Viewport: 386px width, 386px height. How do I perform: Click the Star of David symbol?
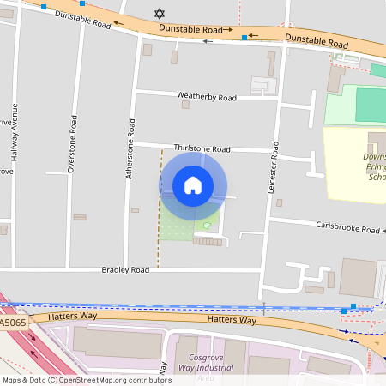coord(158,13)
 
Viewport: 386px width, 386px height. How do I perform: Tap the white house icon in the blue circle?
coord(193,185)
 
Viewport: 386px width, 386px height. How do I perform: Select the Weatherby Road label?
coord(206,97)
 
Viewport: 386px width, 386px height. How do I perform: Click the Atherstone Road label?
coord(131,139)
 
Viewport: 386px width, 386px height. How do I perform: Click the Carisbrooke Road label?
coord(347,229)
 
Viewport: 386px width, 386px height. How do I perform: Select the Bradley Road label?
coord(125,269)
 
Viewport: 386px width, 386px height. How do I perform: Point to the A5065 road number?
coord(13,323)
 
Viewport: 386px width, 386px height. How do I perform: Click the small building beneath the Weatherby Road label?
coord(185,105)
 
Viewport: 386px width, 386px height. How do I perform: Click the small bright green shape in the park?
coord(207,226)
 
